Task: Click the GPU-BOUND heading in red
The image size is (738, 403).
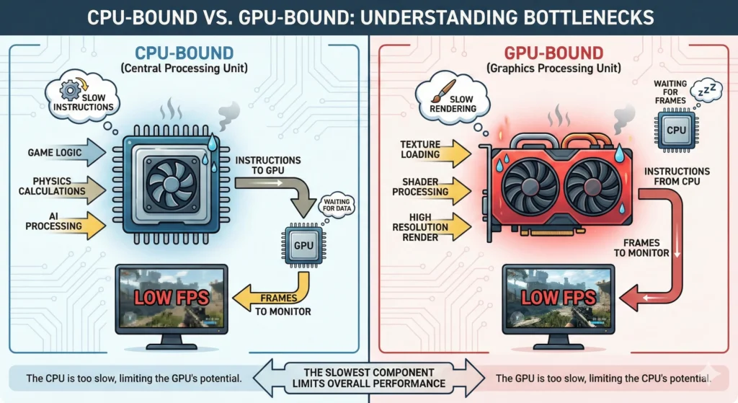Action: [x=553, y=53]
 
